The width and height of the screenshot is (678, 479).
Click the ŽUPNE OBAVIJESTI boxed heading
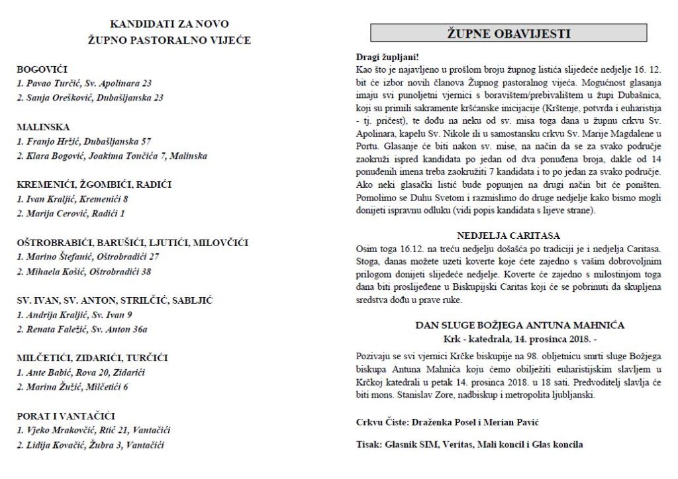[508, 33]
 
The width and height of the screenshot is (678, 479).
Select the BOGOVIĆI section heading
[42, 69]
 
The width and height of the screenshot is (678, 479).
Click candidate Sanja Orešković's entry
[90, 97]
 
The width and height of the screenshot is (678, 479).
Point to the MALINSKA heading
[43, 126]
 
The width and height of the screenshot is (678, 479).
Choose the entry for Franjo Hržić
[84, 141]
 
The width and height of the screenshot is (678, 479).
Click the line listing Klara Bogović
[112, 156]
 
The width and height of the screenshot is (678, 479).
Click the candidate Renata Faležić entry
[82, 329]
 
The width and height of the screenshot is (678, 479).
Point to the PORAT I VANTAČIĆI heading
[66, 415]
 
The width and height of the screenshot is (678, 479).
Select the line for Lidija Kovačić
[91, 445]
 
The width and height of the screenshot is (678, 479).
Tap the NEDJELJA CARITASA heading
[508, 236]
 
